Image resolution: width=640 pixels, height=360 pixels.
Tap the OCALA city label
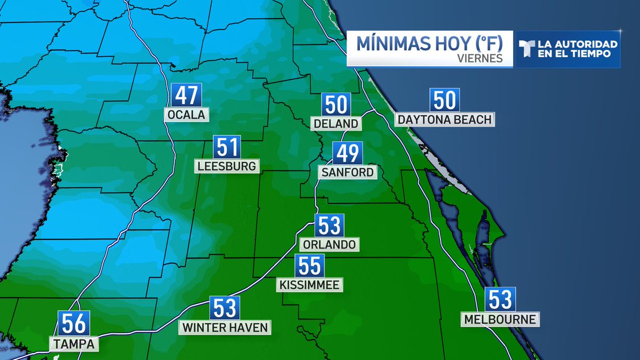[186, 115]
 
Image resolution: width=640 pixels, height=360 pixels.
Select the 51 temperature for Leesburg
[227, 147]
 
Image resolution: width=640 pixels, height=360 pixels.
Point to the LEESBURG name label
[227, 166]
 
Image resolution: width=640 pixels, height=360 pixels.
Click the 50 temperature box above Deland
[336, 105]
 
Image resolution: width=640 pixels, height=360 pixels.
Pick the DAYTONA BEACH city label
[444, 119]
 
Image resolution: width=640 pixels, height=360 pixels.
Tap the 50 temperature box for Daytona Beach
[444, 100]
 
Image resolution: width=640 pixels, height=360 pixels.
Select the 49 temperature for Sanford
[348, 154]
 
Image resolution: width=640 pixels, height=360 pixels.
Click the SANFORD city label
[347, 172]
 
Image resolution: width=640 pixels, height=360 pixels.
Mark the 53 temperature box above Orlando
[329, 226]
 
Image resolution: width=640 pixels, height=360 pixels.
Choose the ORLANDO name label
[329, 244]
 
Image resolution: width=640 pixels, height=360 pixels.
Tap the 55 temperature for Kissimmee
[310, 266]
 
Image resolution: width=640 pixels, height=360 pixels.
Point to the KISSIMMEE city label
[309, 285]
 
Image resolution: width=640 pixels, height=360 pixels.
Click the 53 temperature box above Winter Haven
[225, 308]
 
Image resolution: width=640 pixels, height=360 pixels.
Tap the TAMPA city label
[74, 344]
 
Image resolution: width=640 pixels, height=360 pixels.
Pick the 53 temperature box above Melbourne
[500, 300]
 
